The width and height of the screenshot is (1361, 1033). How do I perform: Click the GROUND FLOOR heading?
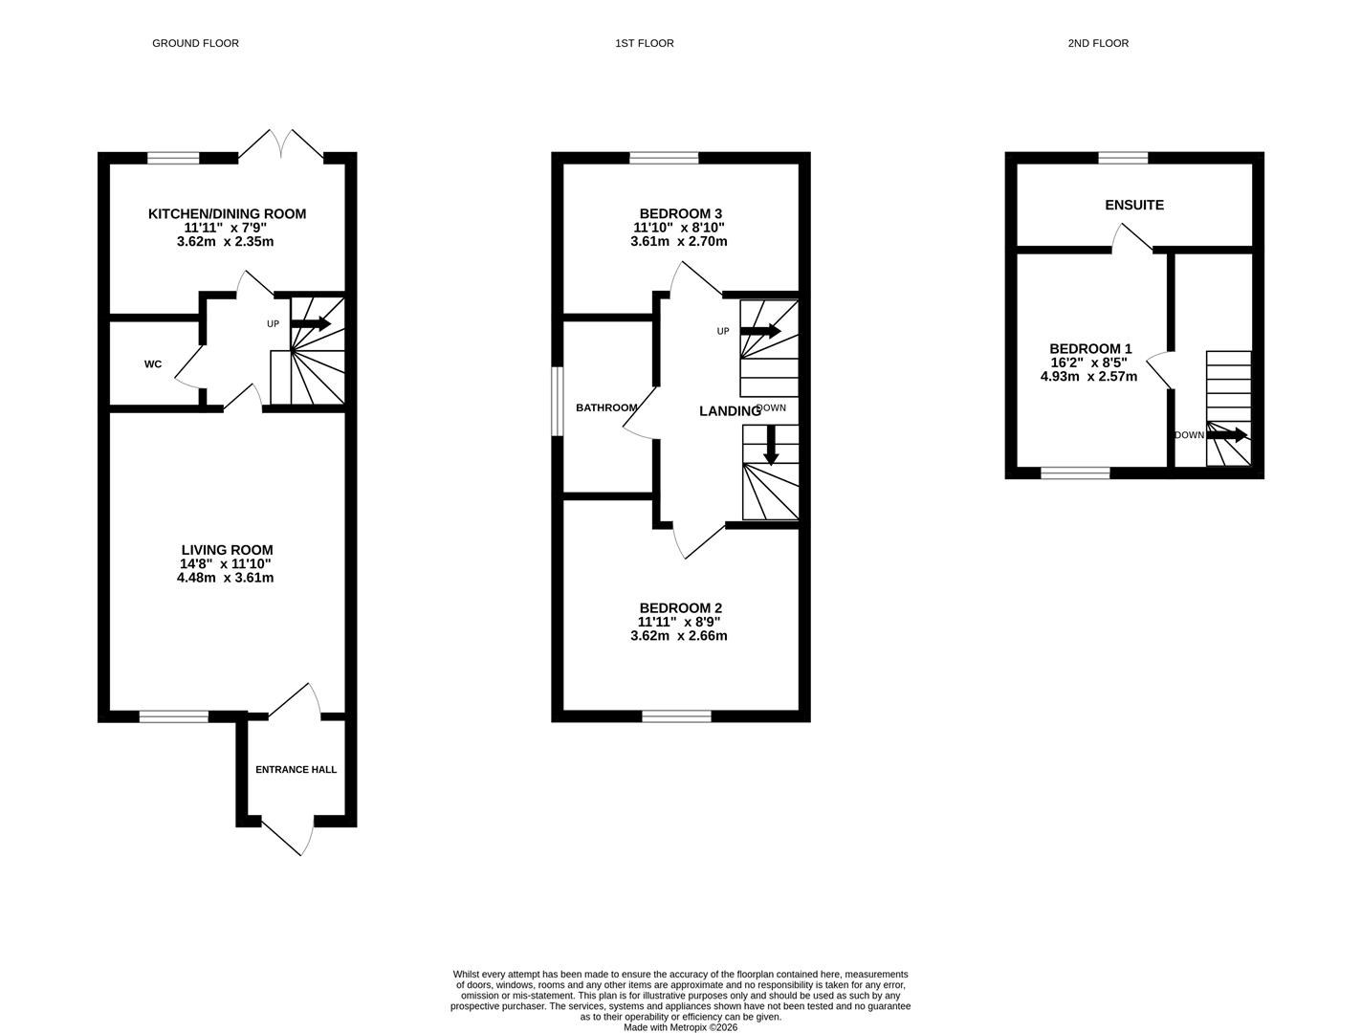(195, 43)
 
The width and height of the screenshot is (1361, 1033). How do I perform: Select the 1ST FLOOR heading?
(644, 43)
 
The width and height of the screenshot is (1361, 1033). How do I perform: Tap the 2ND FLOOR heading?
(1098, 43)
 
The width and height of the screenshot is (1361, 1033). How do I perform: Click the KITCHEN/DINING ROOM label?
(227, 214)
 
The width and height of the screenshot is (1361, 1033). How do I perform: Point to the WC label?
(153, 364)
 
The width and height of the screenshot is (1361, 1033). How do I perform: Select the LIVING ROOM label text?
(227, 550)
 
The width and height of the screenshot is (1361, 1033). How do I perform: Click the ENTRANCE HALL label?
(296, 769)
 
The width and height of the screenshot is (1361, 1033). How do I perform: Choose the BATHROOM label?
(606, 408)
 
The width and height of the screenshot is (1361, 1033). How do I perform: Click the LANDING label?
(730, 411)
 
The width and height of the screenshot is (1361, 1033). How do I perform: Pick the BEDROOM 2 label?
(680, 608)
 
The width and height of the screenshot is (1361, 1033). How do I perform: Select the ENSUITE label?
(1133, 205)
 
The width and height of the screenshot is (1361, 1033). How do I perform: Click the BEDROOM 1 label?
(1090, 349)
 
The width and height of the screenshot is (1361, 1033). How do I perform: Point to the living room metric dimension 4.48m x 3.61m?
(225, 578)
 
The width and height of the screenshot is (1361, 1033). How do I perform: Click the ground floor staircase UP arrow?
(311, 324)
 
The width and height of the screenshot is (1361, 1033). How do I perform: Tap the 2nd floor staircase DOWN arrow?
(1227, 435)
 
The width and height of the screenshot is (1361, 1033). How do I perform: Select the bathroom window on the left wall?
(558, 402)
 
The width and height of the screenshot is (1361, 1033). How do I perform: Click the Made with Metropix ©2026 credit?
(680, 1027)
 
